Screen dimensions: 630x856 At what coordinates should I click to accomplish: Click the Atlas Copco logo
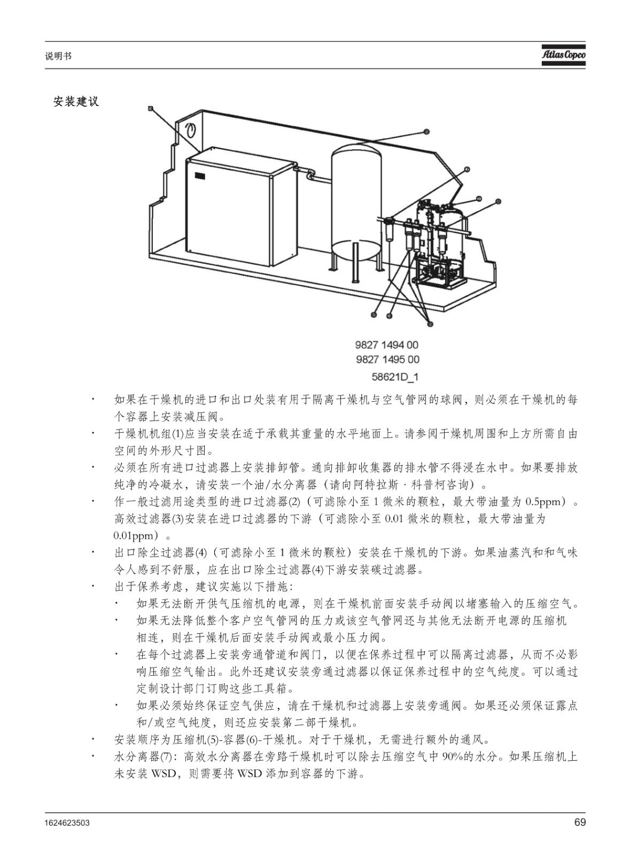point(563,55)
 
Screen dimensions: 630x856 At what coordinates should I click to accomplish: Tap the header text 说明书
point(58,56)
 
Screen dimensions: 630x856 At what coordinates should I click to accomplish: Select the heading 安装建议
point(76,102)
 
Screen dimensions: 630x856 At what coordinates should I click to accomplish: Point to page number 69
point(580,822)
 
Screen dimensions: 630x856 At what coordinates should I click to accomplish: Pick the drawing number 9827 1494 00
point(386,345)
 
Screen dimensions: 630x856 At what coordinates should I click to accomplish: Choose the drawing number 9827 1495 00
point(387,360)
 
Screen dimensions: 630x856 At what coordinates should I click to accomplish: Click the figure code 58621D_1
point(395,377)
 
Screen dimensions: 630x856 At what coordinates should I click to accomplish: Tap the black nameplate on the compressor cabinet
point(200,176)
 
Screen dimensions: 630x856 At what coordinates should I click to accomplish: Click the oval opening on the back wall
point(190,131)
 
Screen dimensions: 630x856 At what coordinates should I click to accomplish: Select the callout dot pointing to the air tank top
point(426,132)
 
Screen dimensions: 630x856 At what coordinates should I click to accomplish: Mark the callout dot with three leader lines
point(431,324)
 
